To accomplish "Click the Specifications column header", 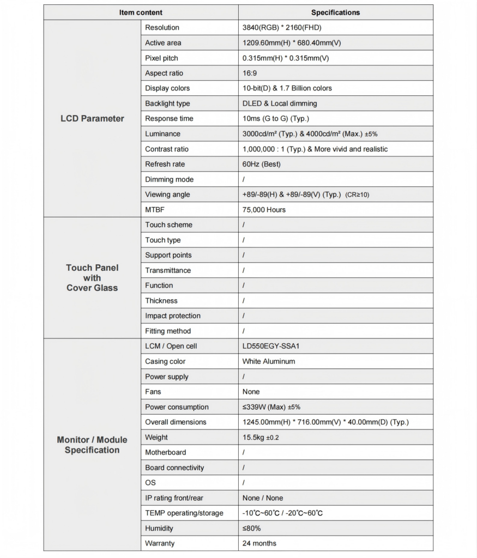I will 335,13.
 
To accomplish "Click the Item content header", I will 141,13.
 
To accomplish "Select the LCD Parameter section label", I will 92,118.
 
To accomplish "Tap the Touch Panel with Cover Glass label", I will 92,278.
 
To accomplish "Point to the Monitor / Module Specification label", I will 92,445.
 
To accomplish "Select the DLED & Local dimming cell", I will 280,104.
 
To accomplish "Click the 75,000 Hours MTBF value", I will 264,210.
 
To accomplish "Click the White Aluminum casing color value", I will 269,361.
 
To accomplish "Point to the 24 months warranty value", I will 259,543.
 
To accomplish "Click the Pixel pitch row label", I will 161,58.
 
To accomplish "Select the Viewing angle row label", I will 167,195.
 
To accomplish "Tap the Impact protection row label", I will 173,316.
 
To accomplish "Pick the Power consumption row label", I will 177,407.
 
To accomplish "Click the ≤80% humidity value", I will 252,529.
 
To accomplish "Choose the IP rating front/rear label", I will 174,498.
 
